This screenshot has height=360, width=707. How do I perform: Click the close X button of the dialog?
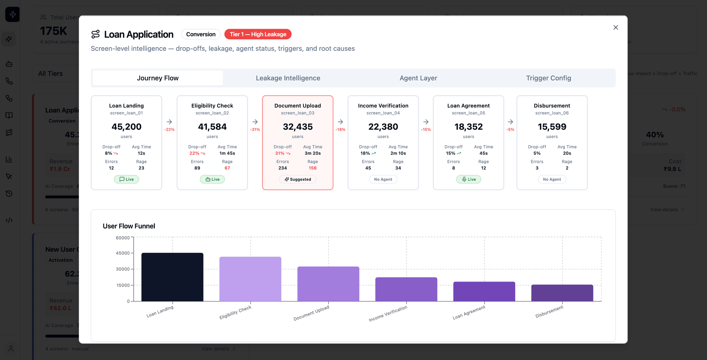point(615,28)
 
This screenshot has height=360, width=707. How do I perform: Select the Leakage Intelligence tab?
point(288,78)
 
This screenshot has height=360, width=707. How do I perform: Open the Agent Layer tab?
point(418,78)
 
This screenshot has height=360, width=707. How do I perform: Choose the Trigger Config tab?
point(548,78)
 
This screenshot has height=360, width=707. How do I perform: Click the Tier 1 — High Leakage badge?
point(258,34)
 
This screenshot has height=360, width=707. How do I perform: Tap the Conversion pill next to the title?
point(201,34)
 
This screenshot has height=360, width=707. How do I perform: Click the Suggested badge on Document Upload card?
point(298,179)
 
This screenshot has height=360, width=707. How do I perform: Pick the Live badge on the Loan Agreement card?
point(468,179)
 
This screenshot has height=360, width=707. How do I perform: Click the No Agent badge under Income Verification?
point(383,179)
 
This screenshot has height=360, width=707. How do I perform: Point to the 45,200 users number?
point(126,127)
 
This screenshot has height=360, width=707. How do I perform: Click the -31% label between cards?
point(255,130)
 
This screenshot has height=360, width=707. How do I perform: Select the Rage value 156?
point(313,168)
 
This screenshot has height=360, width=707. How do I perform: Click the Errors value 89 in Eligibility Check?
point(197,168)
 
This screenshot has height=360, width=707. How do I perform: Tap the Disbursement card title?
point(552,106)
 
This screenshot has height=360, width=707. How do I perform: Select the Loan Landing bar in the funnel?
point(172,277)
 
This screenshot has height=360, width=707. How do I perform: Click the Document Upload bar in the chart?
point(328,284)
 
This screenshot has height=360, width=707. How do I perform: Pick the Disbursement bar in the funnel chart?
point(562,293)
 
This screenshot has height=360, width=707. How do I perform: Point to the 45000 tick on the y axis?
point(123,253)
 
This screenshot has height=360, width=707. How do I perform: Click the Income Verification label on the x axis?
point(388,314)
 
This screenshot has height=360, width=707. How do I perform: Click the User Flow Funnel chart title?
point(129,226)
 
